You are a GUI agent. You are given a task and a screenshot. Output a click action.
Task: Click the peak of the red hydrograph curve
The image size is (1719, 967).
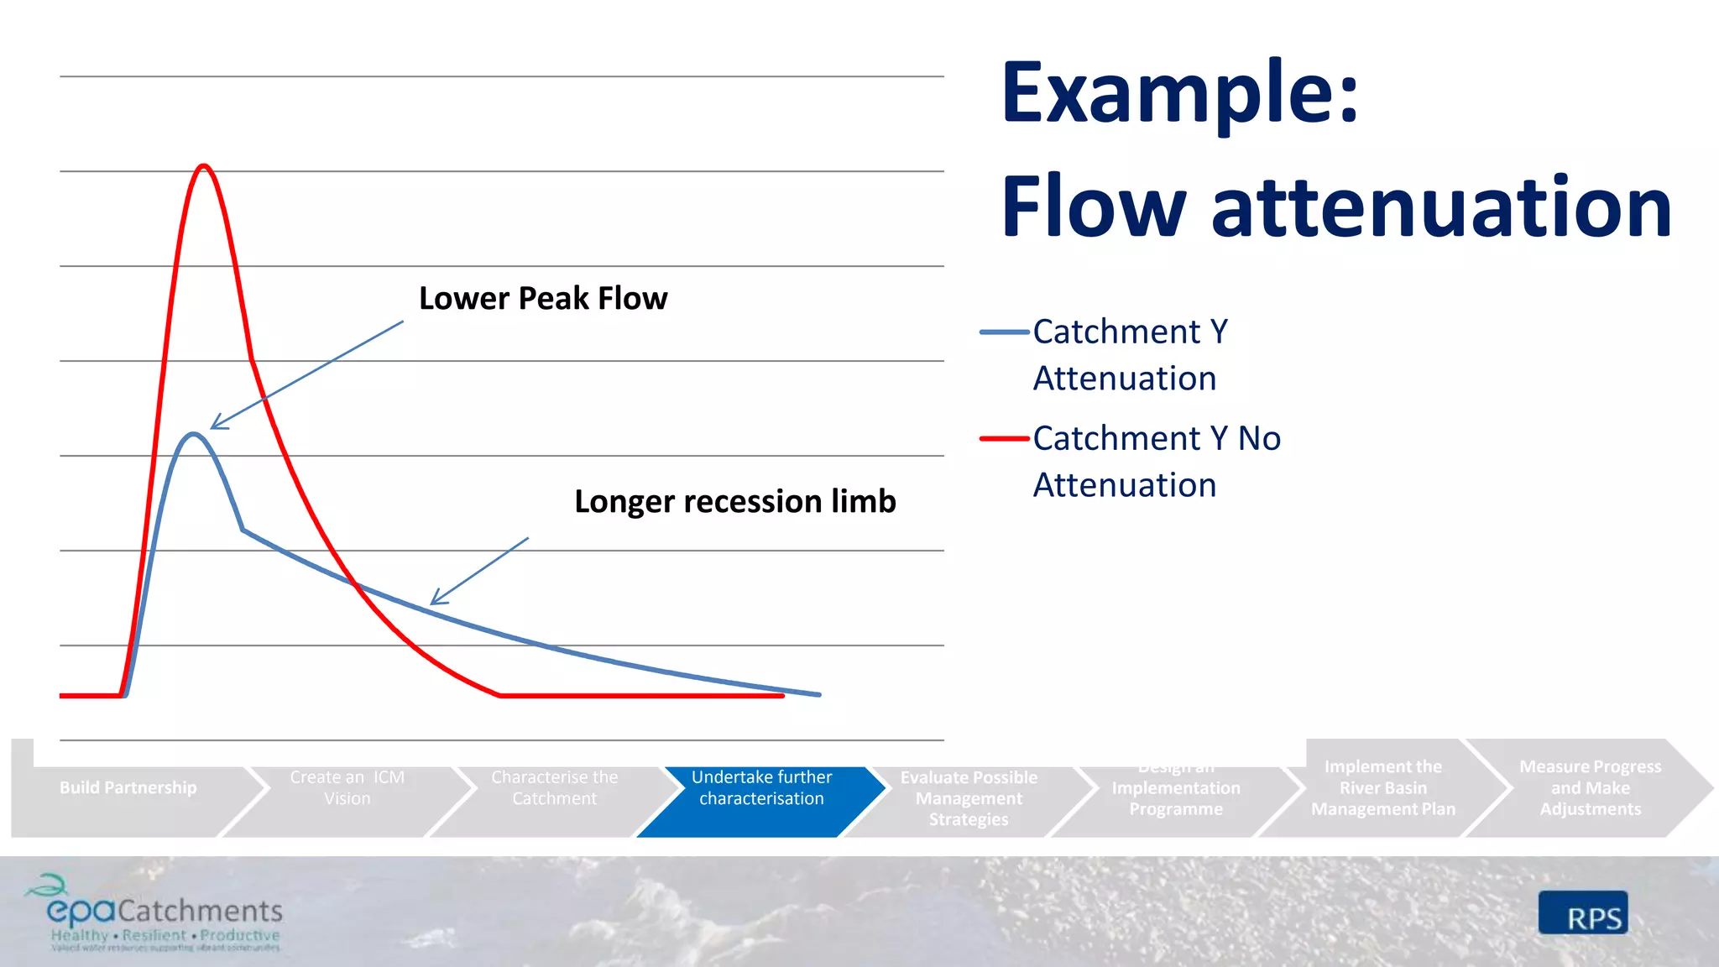(204, 166)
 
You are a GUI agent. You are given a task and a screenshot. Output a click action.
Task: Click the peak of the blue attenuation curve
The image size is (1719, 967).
(194, 434)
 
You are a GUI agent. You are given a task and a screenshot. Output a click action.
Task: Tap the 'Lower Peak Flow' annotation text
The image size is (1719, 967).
(543, 299)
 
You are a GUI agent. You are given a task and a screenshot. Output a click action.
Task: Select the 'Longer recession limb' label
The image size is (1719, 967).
(734, 501)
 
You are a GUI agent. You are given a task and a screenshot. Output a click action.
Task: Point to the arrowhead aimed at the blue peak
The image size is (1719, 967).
(214, 426)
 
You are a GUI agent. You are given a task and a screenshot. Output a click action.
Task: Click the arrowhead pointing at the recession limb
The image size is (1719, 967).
(434, 601)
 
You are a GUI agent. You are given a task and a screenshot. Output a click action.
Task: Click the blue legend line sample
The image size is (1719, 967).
(1004, 332)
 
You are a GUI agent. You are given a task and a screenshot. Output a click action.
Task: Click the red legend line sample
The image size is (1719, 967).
(1004, 438)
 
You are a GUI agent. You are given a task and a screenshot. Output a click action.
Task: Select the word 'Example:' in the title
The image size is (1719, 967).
(1179, 92)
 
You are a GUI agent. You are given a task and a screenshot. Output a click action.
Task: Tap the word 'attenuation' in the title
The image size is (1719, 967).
(1441, 206)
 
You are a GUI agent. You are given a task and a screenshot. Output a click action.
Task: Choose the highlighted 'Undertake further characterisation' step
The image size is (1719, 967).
(761, 789)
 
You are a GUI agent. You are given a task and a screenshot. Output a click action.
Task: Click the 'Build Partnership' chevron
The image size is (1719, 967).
(128, 788)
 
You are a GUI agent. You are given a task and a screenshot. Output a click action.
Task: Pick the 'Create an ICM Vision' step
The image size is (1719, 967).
(347, 788)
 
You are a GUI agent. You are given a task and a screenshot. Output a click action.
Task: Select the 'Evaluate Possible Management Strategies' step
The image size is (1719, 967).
(969, 798)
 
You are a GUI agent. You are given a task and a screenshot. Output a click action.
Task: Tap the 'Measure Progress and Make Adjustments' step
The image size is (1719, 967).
(1590, 788)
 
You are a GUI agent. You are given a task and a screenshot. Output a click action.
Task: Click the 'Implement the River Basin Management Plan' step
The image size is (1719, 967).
(1382, 788)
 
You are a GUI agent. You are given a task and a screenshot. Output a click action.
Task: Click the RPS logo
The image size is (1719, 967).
(1583, 913)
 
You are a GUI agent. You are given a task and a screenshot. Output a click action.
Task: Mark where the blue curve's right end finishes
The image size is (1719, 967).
(819, 694)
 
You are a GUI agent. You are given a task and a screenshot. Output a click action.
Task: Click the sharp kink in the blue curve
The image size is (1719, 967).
(243, 530)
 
